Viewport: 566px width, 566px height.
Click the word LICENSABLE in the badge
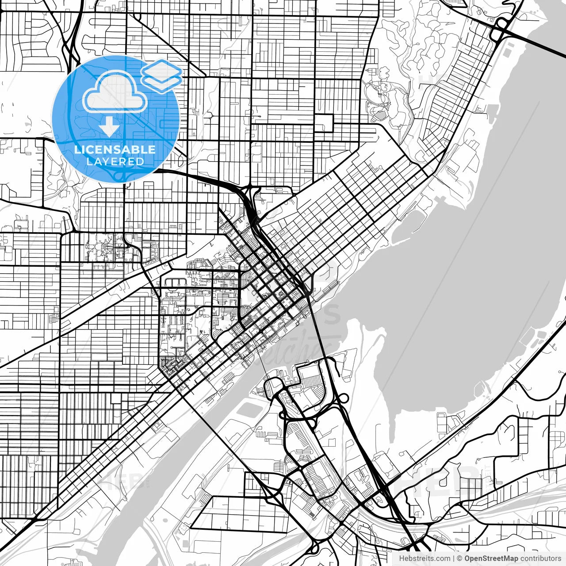(x=115, y=149)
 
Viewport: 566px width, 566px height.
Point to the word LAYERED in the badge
(x=115, y=161)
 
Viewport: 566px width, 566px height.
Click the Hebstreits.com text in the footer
(x=424, y=558)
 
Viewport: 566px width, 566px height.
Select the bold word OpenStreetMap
(x=491, y=558)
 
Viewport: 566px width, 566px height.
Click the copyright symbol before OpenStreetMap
(x=460, y=558)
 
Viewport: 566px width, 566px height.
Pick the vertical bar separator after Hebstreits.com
(x=454, y=558)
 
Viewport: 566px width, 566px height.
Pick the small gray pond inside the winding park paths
(x=380, y=116)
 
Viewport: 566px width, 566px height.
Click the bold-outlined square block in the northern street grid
(x=324, y=123)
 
